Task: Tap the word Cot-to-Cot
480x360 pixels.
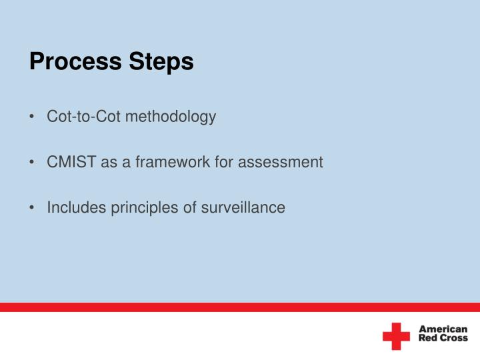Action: point(84,117)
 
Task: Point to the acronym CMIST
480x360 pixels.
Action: point(72,162)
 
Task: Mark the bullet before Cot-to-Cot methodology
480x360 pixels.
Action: point(33,117)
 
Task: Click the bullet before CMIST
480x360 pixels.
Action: point(33,163)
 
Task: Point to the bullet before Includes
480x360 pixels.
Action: point(33,208)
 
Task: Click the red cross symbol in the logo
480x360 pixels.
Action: point(396,336)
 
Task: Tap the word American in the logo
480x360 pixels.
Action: point(443,329)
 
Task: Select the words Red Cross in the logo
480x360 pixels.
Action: point(443,339)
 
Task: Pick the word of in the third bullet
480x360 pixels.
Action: point(189,207)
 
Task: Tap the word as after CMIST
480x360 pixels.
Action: point(108,162)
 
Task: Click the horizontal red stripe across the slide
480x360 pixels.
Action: point(240,307)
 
